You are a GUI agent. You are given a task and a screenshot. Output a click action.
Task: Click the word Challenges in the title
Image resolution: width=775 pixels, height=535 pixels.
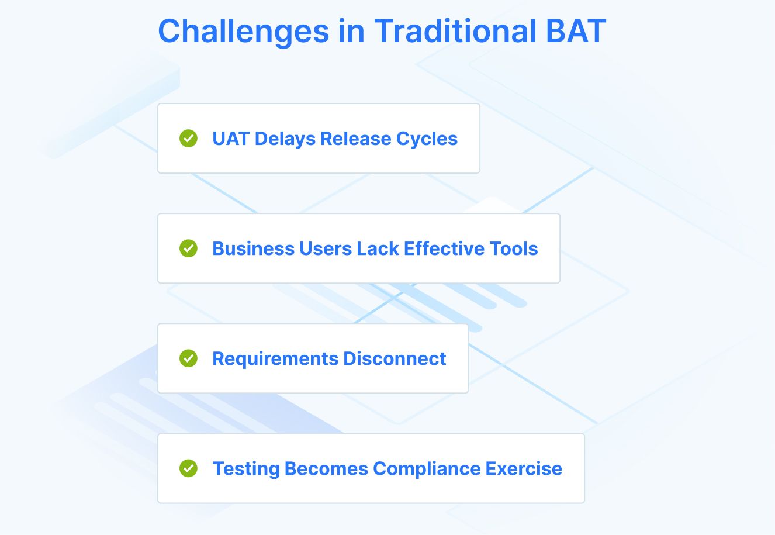point(243,32)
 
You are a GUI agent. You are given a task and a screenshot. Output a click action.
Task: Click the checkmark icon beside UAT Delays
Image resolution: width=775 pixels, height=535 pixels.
point(188,139)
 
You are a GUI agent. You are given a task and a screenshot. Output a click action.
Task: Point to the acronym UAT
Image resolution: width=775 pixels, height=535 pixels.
point(231,139)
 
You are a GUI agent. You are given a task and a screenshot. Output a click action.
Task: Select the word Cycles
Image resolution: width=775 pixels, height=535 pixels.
point(427,139)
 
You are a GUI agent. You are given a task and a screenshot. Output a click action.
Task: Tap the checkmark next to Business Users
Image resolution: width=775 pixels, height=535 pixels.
point(188,248)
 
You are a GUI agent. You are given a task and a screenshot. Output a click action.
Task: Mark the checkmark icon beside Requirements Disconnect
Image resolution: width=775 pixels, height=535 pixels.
point(188,358)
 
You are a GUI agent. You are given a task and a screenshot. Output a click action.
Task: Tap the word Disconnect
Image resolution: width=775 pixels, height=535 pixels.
point(395,358)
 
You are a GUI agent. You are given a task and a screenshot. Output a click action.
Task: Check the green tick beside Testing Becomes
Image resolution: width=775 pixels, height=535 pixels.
point(188,468)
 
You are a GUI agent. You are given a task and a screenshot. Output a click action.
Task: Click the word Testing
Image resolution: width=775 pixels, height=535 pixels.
point(245,469)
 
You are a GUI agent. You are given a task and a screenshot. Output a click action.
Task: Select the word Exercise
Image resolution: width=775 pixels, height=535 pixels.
point(524,469)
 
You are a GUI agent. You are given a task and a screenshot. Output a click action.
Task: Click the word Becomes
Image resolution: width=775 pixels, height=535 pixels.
point(326,469)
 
